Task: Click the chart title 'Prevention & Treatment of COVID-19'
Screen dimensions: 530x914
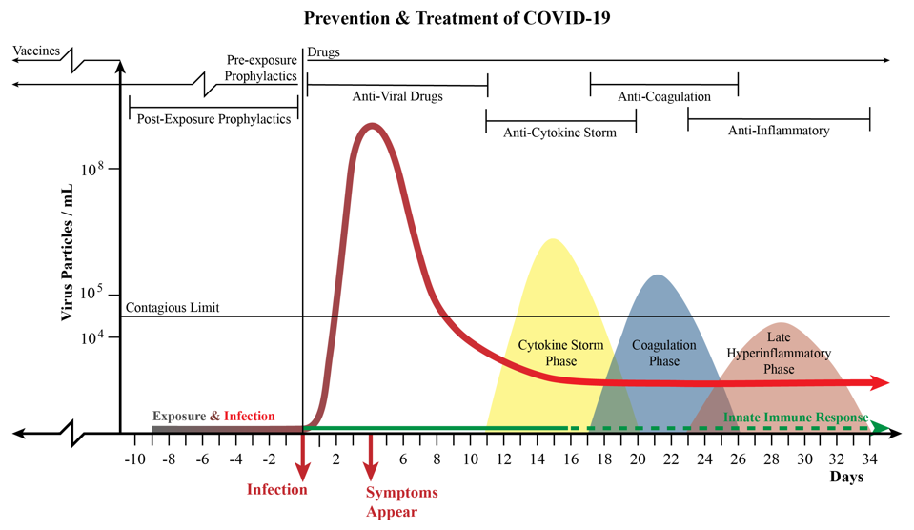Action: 457,18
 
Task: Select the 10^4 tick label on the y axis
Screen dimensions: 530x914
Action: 103,336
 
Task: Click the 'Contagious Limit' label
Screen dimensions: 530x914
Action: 173,308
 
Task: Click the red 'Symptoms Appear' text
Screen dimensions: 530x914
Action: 402,501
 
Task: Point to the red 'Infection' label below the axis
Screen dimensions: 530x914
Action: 277,490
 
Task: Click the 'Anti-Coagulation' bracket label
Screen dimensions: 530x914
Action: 664,96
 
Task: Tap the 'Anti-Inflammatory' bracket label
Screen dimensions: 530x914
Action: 779,131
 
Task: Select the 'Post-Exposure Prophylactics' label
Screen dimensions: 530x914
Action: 213,120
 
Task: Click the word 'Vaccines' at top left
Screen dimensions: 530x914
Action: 35,51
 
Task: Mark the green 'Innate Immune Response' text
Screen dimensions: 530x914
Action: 796,418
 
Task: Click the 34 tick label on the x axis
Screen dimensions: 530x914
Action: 871,459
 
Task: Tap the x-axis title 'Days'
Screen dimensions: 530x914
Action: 846,477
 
